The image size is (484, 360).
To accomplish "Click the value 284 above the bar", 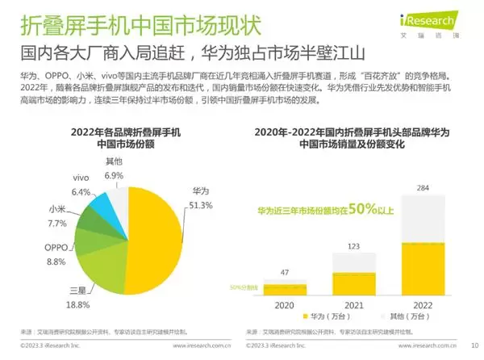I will point(422,187).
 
